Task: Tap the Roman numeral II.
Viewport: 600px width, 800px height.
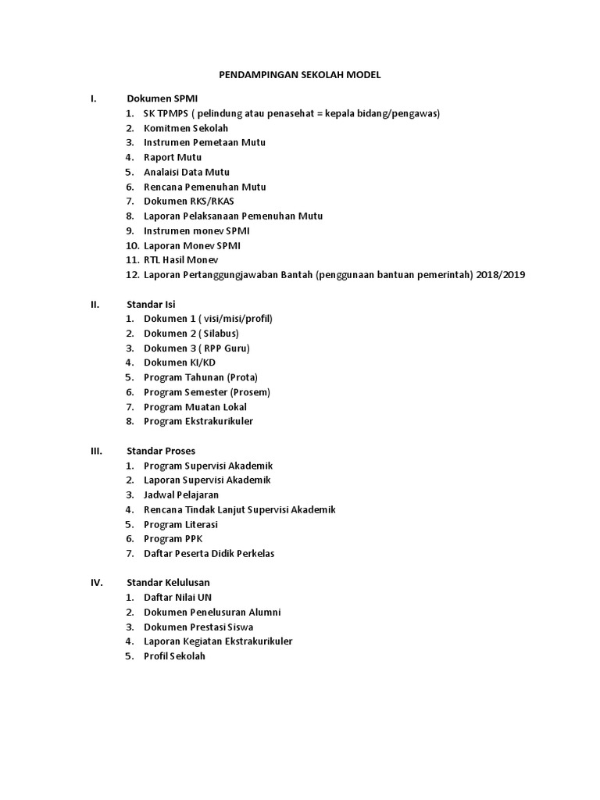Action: (94, 304)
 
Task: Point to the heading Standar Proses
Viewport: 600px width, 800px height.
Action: (161, 451)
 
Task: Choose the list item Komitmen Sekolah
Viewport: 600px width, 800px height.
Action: (186, 128)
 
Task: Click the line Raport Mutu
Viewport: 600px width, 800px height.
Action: (172, 157)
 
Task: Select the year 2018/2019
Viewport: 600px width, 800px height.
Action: (502, 275)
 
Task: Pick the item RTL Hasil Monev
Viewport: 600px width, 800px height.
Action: (181, 260)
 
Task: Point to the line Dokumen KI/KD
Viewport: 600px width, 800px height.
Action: (180, 362)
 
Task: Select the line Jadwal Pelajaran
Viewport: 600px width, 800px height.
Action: (181, 495)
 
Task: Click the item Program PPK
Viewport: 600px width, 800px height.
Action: (173, 539)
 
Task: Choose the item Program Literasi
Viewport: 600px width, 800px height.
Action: (180, 524)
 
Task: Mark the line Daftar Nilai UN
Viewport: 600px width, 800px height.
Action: (177, 598)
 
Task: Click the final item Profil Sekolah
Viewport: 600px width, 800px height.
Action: (174, 656)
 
